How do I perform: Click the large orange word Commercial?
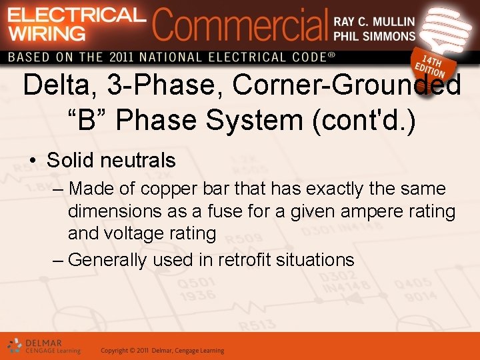240,25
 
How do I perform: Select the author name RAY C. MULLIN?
374,21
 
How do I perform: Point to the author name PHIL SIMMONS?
374,36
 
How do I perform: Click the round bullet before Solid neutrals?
32,161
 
